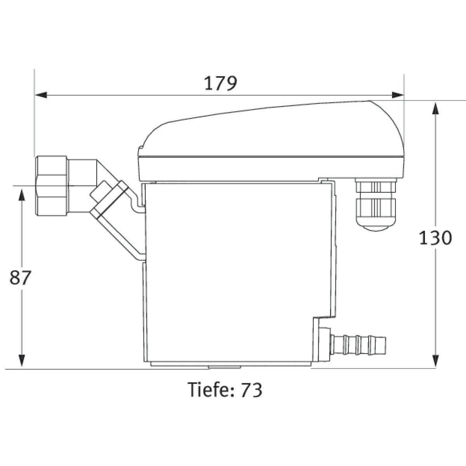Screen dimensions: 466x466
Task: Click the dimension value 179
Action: (x=221, y=83)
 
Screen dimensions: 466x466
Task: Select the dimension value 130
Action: (x=435, y=238)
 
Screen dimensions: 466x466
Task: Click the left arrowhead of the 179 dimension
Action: (x=41, y=95)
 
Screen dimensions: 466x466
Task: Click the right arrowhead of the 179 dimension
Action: (x=398, y=95)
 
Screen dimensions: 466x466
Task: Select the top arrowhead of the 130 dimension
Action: (x=435, y=108)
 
